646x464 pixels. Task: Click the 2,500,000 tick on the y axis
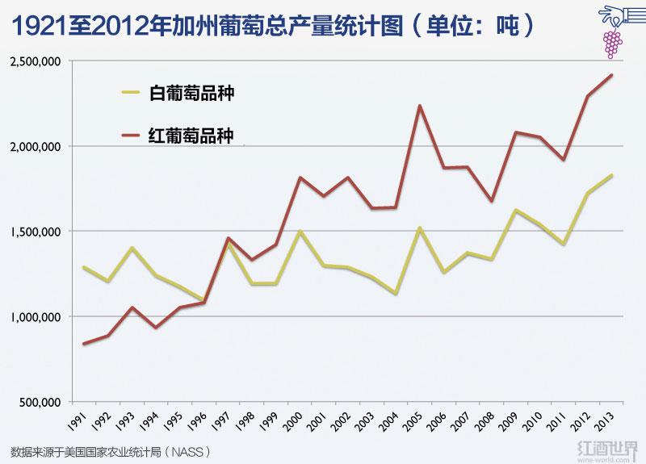[x=37, y=61]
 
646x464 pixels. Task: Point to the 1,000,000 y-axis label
[x=37, y=317]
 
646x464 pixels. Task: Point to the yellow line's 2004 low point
[x=396, y=294]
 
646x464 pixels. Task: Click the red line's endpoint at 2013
[x=611, y=75]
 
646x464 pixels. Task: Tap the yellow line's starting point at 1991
[x=83, y=267]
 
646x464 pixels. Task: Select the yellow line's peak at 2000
[x=300, y=231]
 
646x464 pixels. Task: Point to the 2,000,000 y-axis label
[x=37, y=147]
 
